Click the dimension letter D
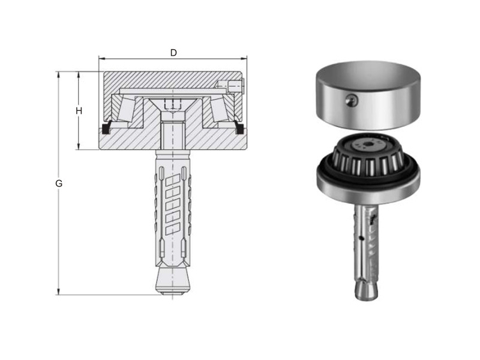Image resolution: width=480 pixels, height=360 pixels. pyautogui.click(x=173, y=53)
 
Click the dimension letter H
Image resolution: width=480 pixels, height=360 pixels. pyautogui.click(x=79, y=111)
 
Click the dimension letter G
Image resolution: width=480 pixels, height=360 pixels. pyautogui.click(x=59, y=184)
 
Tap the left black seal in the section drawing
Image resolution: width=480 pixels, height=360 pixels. pyautogui.click(x=106, y=128)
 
